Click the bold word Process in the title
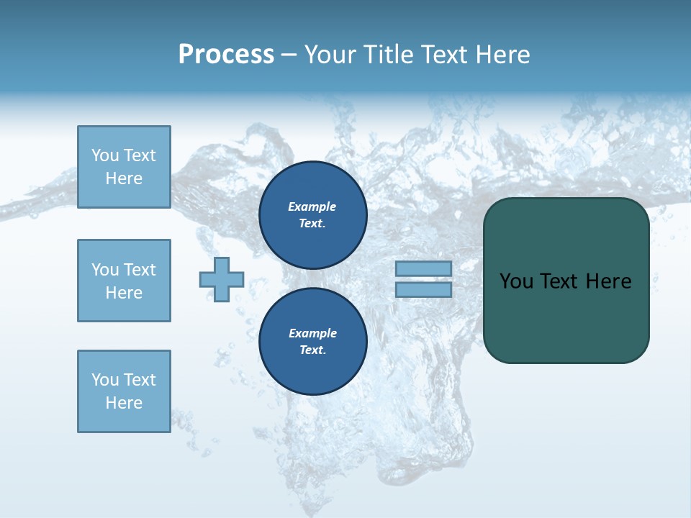point(226,55)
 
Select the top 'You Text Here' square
point(124,167)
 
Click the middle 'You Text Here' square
point(124,281)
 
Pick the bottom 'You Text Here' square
point(124,391)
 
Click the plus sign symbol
point(222,279)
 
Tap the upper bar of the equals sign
point(423,268)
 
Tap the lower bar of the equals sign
point(423,290)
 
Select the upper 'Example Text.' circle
point(313,215)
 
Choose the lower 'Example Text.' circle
point(313,342)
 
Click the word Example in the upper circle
point(312,206)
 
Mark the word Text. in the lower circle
point(312,350)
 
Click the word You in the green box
point(516,281)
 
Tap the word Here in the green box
point(608,281)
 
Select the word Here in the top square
point(124,178)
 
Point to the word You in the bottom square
point(105,380)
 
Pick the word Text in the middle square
point(139,270)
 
